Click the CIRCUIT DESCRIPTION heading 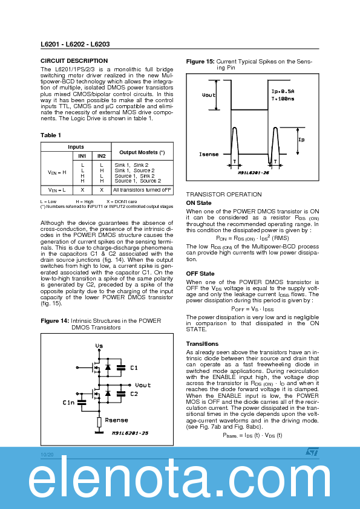[x=74, y=61]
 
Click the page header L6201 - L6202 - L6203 [x=75, y=45]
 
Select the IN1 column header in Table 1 [x=82, y=156]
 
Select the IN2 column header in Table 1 [x=102, y=156]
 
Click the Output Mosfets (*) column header [x=142, y=152]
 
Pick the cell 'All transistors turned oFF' [x=142, y=190]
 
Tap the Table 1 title [x=51, y=135]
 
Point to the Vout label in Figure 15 [x=208, y=95]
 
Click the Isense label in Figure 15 [x=209, y=155]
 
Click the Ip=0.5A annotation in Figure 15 [x=283, y=91]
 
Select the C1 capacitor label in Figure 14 [x=134, y=368]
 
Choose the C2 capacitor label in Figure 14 [x=134, y=394]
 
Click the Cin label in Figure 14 [x=68, y=402]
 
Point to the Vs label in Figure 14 [x=99, y=346]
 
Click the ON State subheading [x=198, y=203]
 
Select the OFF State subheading [x=200, y=274]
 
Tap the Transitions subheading [x=201, y=344]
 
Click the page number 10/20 [x=47, y=454]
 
